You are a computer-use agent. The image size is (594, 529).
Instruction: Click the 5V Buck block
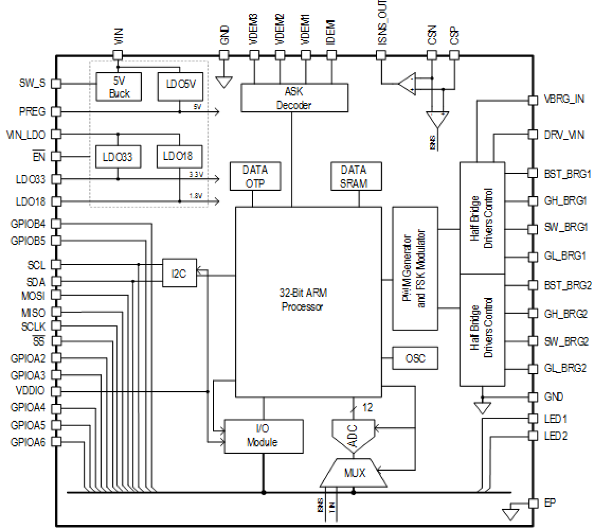[119, 87]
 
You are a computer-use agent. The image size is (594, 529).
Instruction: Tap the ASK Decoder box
[294, 98]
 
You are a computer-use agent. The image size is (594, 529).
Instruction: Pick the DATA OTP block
[255, 176]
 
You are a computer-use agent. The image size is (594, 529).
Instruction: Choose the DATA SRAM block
[354, 176]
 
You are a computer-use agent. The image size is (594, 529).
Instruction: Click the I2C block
[179, 273]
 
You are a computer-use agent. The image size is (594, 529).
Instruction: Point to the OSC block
[415, 359]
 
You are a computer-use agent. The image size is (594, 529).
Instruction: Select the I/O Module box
[263, 436]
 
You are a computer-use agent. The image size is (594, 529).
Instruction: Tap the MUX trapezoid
[354, 473]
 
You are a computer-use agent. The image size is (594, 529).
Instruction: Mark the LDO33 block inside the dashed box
[117, 157]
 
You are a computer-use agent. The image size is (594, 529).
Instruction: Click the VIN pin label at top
[118, 36]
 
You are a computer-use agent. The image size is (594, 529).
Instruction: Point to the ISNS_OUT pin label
[382, 22]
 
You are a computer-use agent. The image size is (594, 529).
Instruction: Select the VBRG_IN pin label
[564, 99]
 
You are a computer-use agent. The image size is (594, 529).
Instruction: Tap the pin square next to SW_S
[56, 83]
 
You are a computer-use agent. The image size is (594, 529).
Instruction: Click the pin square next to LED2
[533, 436]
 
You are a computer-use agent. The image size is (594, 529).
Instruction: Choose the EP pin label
[550, 503]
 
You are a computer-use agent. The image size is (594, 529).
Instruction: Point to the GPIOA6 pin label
[28, 442]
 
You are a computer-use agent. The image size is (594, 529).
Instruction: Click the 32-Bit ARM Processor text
[303, 300]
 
